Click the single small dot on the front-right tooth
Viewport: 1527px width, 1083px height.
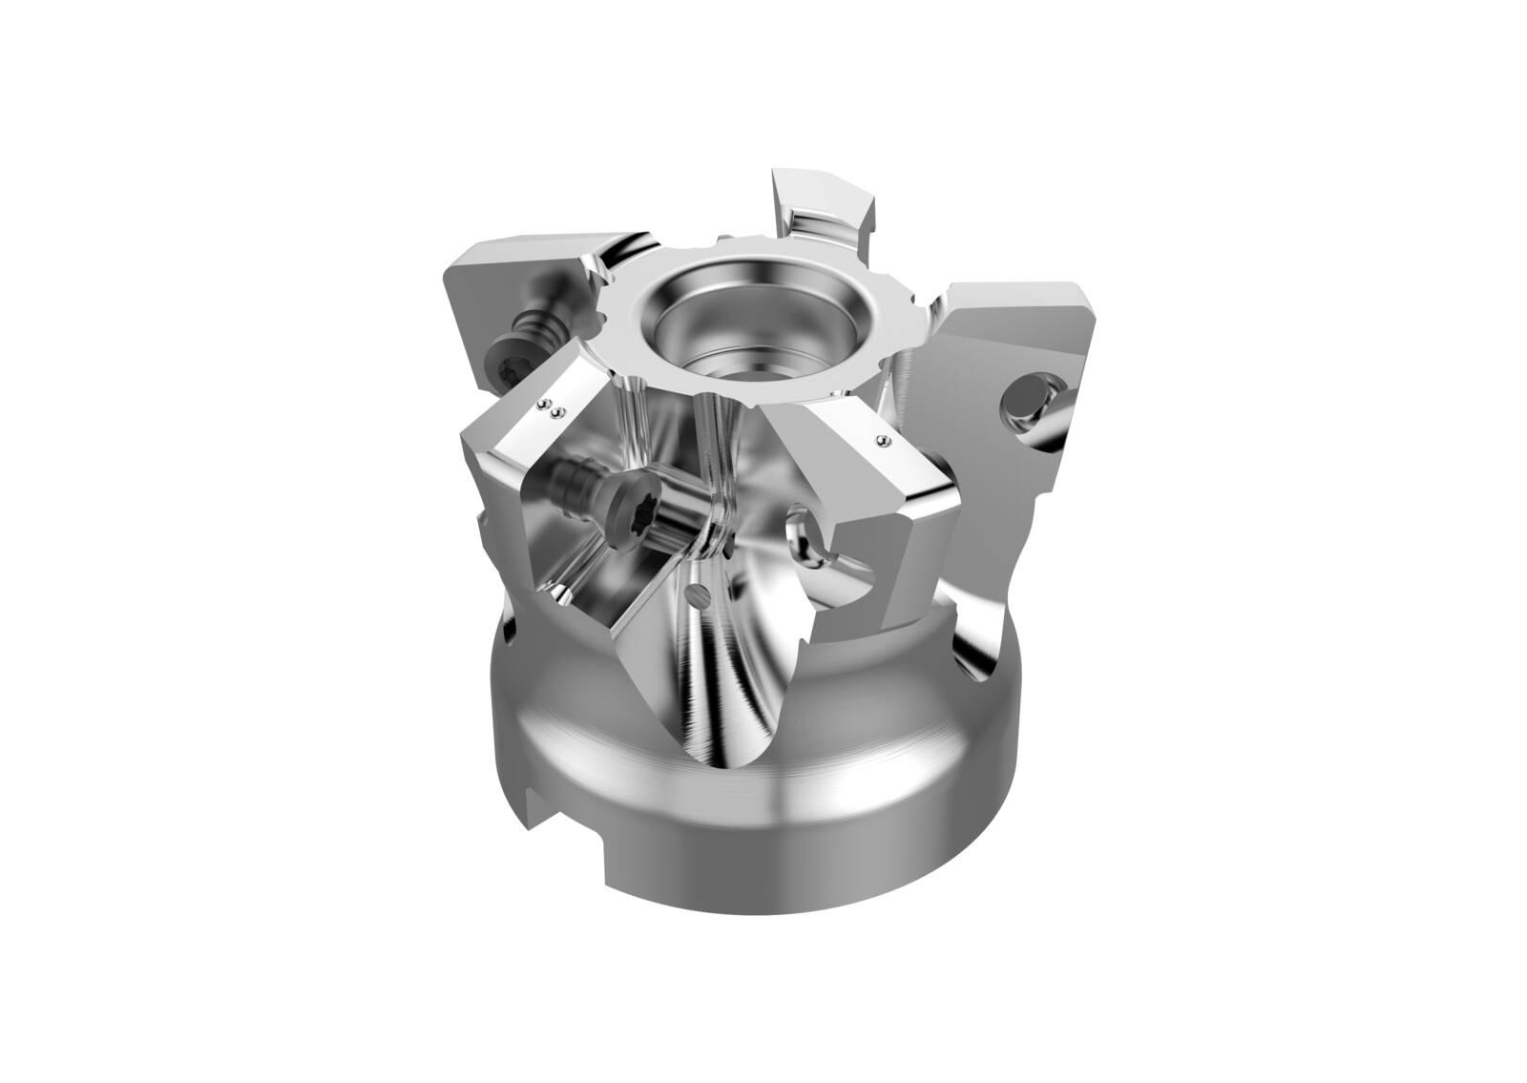882,440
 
